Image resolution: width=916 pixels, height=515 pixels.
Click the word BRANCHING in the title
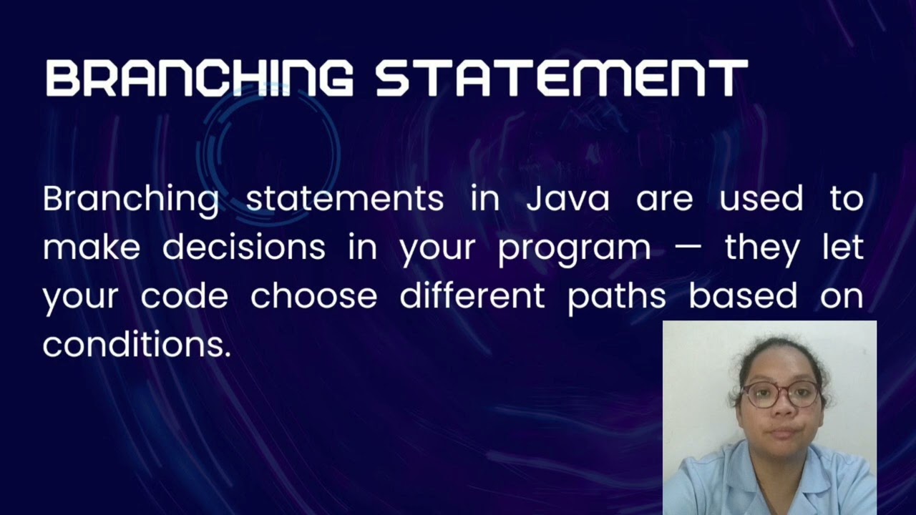[x=199, y=78]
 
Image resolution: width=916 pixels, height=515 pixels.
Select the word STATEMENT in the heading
[x=562, y=78]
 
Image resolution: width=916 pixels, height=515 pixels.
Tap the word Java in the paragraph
[x=567, y=199]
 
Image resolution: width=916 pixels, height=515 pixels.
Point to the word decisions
[x=243, y=247]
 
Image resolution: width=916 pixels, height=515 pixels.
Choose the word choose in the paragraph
[x=313, y=296]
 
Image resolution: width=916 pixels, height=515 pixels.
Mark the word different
[x=472, y=296]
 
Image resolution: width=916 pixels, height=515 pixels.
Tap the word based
[x=743, y=296]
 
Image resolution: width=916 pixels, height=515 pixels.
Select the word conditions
[x=137, y=345]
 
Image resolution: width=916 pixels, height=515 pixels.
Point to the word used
[x=761, y=199]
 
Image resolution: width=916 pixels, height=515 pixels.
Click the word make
[x=91, y=247]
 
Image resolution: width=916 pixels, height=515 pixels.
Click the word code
[x=184, y=296]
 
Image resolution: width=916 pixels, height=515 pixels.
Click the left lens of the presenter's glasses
[x=759, y=395]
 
